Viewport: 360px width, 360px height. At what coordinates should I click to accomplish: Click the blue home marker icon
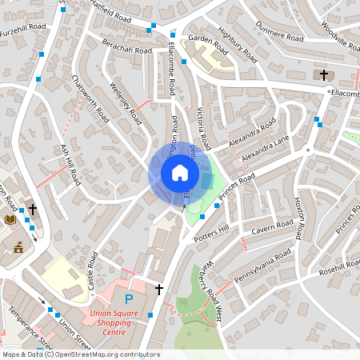(x=179, y=172)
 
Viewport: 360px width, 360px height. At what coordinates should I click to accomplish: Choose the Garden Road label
(x=203, y=38)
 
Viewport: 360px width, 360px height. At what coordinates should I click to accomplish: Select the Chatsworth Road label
(x=90, y=98)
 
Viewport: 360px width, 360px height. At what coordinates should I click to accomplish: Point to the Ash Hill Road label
(x=71, y=165)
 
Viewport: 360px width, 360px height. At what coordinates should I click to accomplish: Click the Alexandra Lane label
(x=265, y=148)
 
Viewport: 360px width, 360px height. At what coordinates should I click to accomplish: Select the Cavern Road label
(x=273, y=228)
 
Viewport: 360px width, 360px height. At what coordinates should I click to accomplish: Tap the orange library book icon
(x=10, y=219)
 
